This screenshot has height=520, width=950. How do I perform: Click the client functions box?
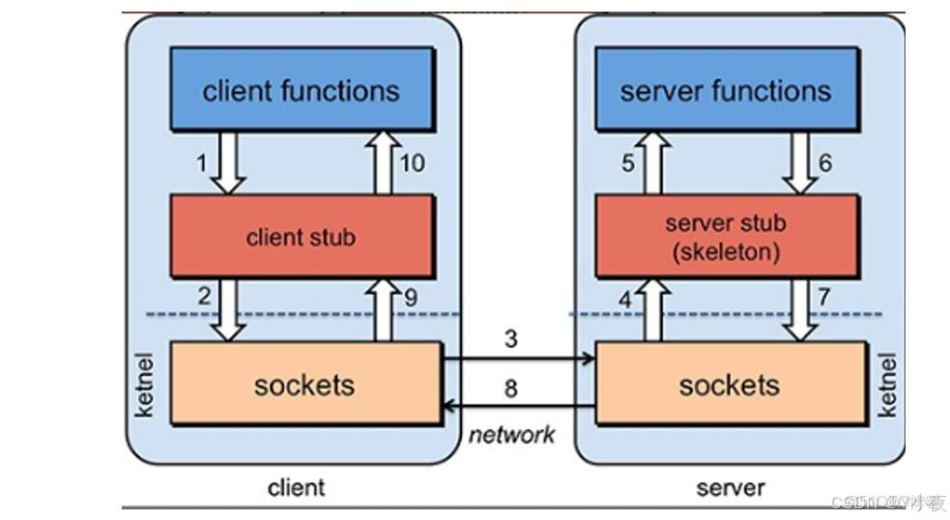[301, 91]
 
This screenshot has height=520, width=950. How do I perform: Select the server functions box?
[726, 91]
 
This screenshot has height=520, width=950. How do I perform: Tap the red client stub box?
[301, 237]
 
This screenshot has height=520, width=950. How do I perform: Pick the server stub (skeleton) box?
[726, 236]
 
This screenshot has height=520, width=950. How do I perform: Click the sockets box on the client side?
[304, 385]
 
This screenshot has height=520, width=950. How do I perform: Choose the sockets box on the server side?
[730, 385]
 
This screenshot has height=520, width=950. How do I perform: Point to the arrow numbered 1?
[229, 162]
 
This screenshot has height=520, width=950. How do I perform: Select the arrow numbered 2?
[229, 308]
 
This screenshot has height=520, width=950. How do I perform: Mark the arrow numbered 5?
[654, 162]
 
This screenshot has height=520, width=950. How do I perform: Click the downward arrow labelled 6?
[799, 162]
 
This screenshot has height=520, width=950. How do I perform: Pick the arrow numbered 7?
[799, 308]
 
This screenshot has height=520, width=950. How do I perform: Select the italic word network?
[512, 435]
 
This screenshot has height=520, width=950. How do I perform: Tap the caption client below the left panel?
[296, 488]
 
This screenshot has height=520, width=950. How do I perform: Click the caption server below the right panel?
[730, 488]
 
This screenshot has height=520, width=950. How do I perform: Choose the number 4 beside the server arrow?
[625, 300]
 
